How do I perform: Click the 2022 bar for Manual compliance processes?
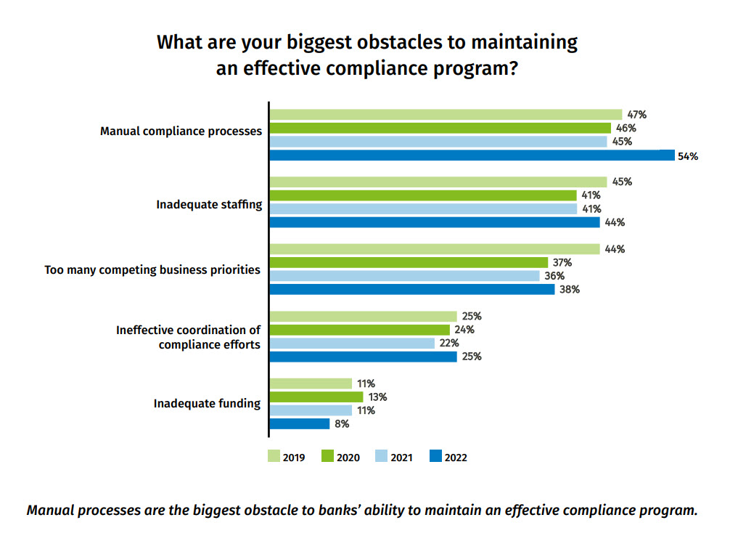472,155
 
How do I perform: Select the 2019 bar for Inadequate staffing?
438,182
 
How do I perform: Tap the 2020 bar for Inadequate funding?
316,397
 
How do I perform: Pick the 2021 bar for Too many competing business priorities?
404,276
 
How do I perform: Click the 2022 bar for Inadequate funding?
299,423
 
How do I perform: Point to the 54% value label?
687,155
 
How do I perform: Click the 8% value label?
342,423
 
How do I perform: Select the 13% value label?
377,397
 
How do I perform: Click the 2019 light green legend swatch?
274,457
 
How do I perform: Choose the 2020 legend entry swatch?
327,457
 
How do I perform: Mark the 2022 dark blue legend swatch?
435,457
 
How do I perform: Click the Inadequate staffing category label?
209,204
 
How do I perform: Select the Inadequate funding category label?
207,403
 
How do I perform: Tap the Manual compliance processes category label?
181,131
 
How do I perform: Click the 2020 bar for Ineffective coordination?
359,330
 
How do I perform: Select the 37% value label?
562,262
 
